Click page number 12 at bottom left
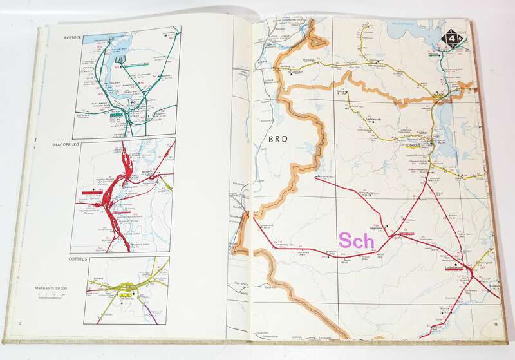pyautogui.click(x=20, y=322)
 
